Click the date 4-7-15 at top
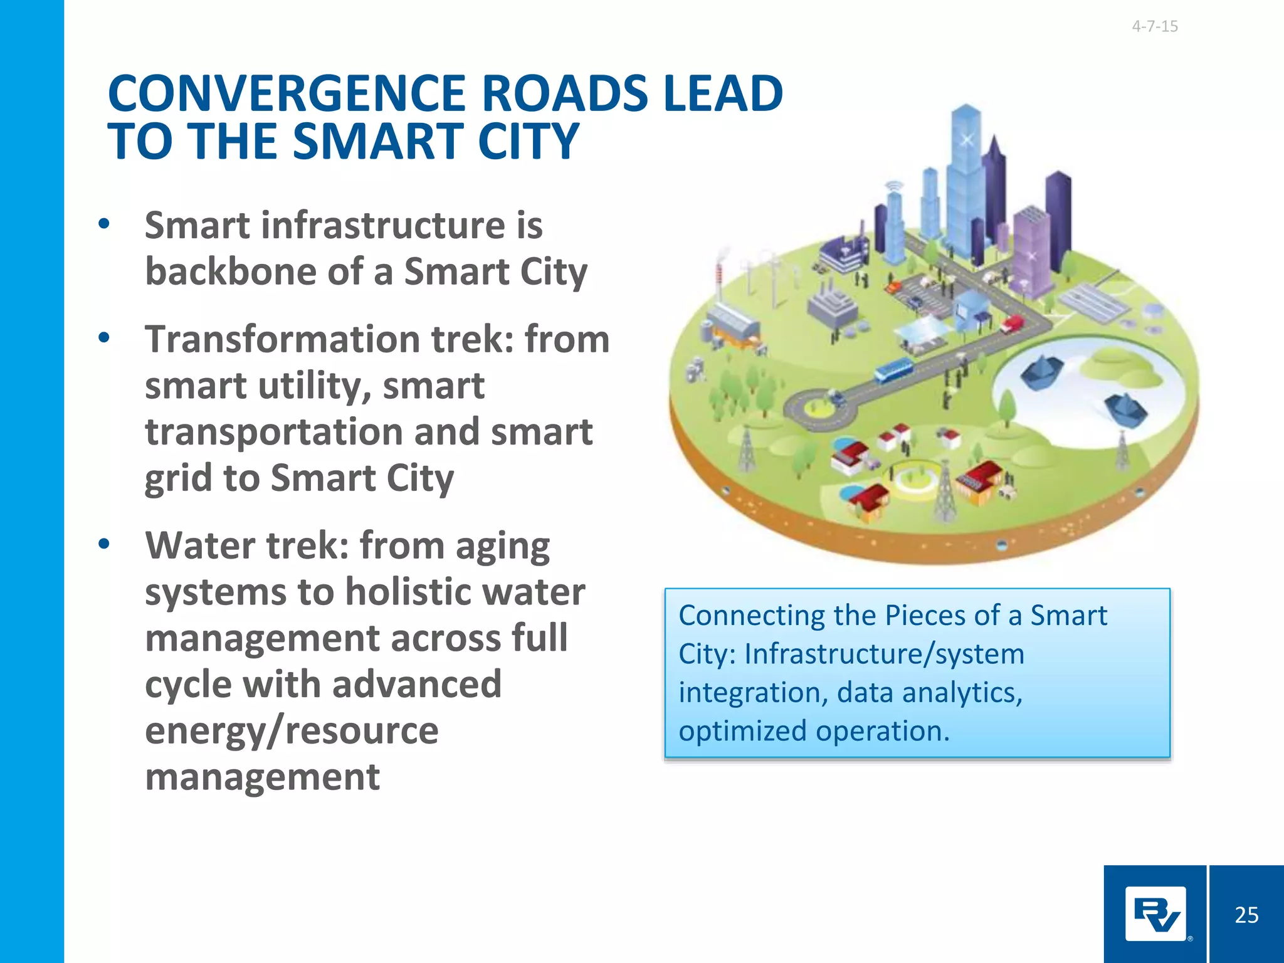1154,26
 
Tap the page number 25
1246,915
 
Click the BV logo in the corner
1155,913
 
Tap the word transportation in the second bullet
274,432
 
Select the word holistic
408,592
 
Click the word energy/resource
292,730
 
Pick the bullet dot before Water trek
104,544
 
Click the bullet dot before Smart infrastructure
104,224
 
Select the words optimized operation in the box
814,731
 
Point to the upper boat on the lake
1041,371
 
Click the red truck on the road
1012,324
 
